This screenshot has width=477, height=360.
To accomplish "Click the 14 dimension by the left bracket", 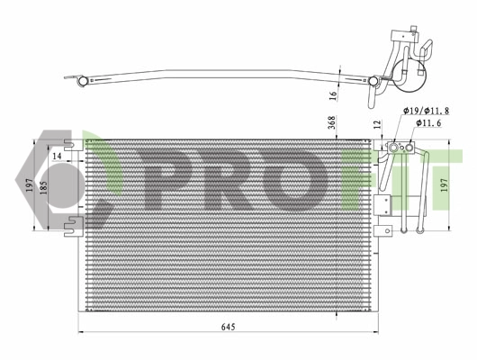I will click(x=58, y=157).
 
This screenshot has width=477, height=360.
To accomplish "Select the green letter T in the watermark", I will click(x=447, y=180).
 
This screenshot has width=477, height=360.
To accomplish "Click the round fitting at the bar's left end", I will click(x=82, y=81).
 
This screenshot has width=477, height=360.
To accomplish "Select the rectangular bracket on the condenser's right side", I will click(x=382, y=202).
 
